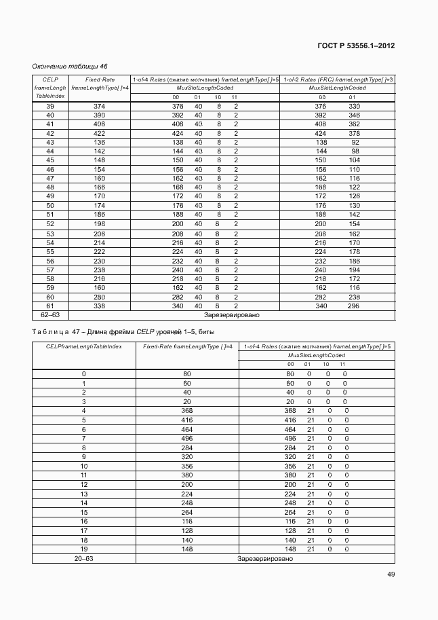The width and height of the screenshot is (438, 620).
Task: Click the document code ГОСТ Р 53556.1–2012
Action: [357, 46]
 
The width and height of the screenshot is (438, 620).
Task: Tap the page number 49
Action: [391, 574]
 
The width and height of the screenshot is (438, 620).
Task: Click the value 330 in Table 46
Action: [354, 107]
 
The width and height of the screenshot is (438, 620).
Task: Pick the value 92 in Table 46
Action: [355, 143]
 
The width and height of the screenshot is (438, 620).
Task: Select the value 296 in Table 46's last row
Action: [354, 306]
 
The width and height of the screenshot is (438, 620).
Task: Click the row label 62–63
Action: [50, 315]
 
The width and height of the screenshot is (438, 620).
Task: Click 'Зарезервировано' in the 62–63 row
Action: [232, 315]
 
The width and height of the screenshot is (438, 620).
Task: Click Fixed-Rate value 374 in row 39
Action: [100, 107]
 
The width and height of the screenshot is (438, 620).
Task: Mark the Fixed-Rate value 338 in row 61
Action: [100, 306]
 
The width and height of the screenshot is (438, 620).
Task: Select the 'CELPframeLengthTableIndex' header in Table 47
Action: [83, 347]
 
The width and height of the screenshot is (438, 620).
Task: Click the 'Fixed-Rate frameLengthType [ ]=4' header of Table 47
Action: [188, 347]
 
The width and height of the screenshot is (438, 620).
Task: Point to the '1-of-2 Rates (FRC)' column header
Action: [338, 79]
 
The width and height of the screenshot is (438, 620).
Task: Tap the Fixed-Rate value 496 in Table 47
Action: [186, 439]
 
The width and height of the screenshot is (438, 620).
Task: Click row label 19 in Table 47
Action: [83, 549]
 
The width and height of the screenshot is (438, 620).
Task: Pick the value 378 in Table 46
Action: [354, 134]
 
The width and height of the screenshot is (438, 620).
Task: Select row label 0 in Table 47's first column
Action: [83, 374]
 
